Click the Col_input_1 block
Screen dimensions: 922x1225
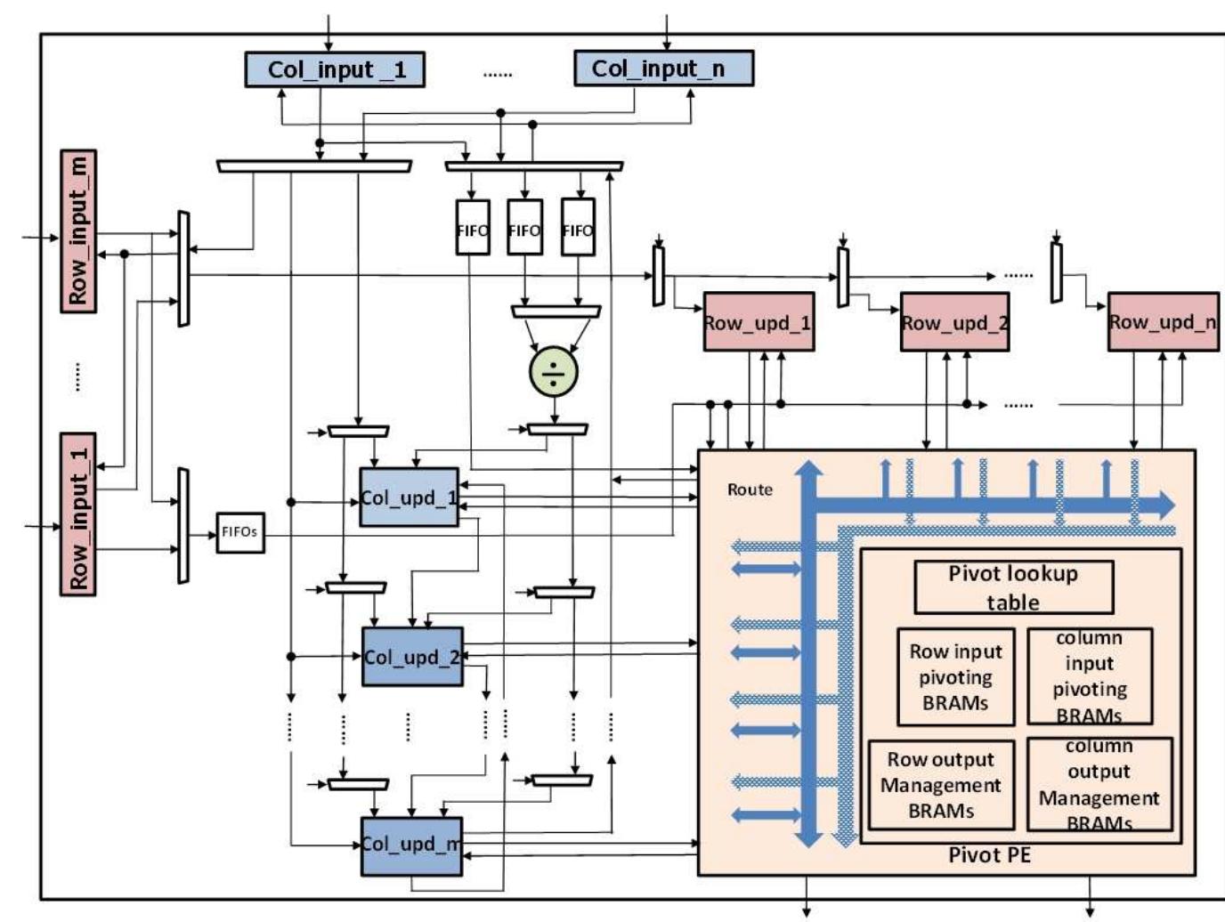tap(335, 69)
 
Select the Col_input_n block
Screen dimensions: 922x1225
tap(663, 69)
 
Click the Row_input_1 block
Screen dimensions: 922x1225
tap(79, 514)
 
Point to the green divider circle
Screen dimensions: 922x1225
tap(554, 372)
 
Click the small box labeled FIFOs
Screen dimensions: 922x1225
tap(240, 532)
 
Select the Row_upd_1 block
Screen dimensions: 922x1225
tap(758, 322)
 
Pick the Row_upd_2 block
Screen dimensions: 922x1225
tap(954, 322)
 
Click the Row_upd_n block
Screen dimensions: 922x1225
tap(1163, 322)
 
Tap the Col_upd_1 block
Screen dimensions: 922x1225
tap(409, 497)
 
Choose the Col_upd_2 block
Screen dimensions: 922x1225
tap(412, 657)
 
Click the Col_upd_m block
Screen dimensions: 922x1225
tap(411, 845)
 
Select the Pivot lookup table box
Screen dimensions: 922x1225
tap(1013, 587)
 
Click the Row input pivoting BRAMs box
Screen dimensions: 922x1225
tap(955, 677)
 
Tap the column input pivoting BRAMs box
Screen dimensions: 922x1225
tap(1090, 677)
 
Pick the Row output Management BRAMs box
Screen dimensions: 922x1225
tap(941, 785)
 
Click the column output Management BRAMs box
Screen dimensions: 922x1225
tap(1099, 785)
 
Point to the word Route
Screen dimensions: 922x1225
tap(750, 489)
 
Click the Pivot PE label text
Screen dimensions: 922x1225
tap(988, 855)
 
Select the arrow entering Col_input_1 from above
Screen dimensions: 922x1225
tap(329, 34)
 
